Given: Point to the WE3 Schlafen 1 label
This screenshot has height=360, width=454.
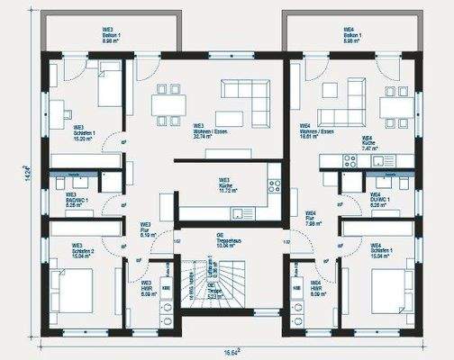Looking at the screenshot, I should click(x=80, y=135).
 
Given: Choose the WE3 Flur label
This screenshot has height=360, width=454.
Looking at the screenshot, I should click(x=144, y=229).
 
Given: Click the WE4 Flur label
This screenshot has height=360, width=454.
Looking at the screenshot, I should click(x=309, y=220).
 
